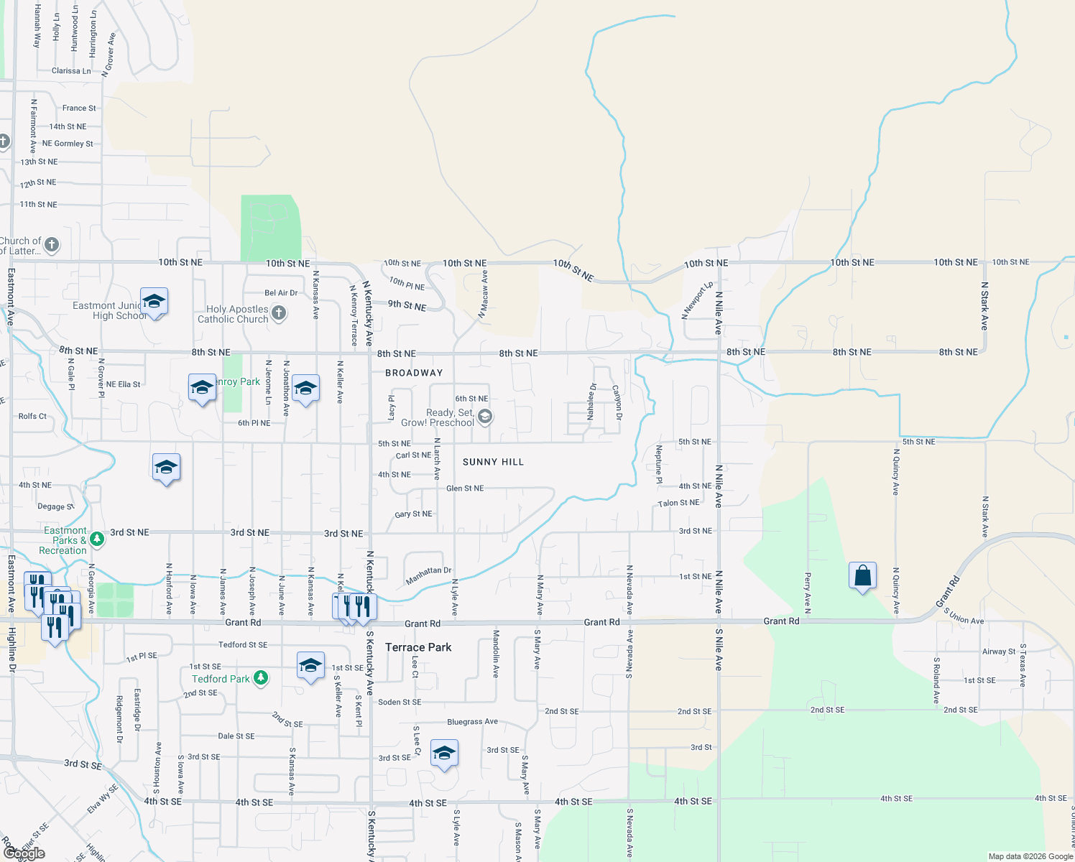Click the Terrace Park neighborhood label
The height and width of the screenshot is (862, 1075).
418,647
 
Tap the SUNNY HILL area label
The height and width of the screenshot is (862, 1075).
493,462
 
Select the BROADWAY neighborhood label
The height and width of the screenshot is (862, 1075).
414,373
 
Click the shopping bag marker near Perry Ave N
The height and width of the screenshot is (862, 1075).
862,576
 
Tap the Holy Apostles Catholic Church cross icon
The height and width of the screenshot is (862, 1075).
280,312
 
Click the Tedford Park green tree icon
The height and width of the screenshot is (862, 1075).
261,678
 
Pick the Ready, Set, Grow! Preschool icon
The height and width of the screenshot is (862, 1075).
485,417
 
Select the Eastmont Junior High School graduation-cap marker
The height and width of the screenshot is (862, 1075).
154,301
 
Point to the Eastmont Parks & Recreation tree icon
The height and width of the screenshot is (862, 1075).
97,539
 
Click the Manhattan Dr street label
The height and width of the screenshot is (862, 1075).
428,575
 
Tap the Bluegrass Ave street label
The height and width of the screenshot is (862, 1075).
472,721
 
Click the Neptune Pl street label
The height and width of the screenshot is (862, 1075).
659,464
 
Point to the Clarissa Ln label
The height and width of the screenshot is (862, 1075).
71,71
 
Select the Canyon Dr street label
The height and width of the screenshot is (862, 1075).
617,403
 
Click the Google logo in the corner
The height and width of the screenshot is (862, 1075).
24,853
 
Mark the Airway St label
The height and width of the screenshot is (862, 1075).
998,652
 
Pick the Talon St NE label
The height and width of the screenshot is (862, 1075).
678,503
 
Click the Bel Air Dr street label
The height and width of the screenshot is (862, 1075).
281,293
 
